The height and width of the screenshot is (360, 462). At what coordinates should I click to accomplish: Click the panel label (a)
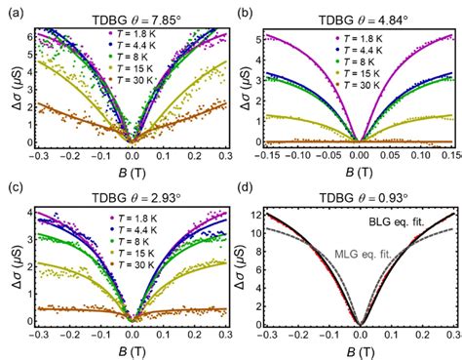click(12, 12)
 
